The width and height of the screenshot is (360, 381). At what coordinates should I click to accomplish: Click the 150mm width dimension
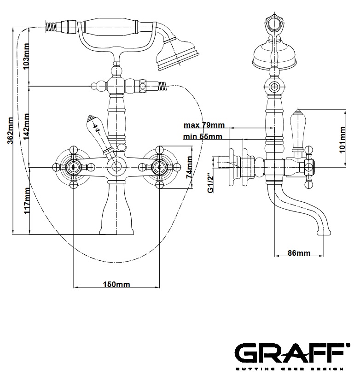coord(116,284)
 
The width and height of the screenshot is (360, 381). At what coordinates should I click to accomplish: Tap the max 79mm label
coord(204,125)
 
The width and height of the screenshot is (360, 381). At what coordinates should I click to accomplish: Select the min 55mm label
coord(203,136)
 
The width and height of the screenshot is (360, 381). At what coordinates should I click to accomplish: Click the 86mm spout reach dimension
coord(298,253)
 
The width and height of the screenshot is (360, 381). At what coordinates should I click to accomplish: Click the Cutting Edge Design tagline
coord(290,369)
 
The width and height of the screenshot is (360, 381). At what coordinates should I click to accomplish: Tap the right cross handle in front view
coord(159,167)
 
